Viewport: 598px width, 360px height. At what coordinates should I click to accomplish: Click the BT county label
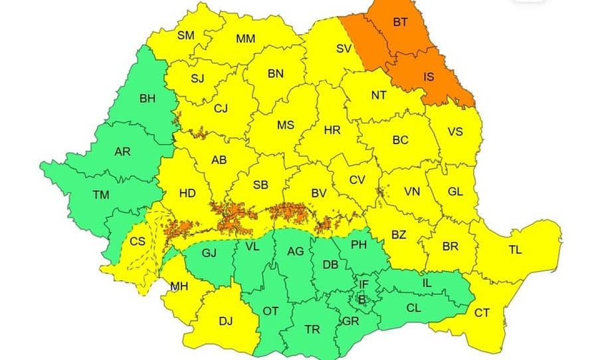pos(400,23)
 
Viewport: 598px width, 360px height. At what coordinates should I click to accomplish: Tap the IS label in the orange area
pos(429,76)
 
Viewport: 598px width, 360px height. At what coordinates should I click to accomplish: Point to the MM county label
pos(245,39)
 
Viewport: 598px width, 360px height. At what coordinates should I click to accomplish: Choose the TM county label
pos(101,195)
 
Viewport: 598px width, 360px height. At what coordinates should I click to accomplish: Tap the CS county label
pos(138,242)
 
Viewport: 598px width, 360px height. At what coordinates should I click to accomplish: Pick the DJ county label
pos(226,321)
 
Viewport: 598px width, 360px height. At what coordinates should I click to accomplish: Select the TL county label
pos(515,250)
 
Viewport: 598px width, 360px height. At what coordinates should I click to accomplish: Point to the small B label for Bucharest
pos(362,299)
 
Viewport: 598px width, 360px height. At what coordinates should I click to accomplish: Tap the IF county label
pos(363,284)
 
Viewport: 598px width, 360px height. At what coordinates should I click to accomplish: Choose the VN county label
pos(412,192)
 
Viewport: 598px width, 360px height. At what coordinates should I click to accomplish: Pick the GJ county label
pos(210,252)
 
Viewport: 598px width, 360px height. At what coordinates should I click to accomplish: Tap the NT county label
pos(379,95)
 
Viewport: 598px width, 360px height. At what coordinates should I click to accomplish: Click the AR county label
pos(122,151)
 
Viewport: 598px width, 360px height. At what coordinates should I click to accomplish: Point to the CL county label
pos(413,308)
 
